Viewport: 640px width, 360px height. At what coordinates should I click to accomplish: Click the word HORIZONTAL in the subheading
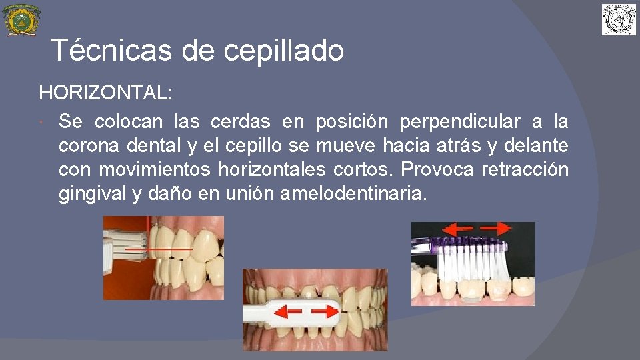[104, 93]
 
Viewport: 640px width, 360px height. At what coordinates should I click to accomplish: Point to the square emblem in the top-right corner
[619, 19]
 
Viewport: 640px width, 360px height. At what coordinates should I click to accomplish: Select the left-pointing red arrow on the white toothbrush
[287, 311]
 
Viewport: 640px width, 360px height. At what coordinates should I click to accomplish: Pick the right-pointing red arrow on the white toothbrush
[323, 311]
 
